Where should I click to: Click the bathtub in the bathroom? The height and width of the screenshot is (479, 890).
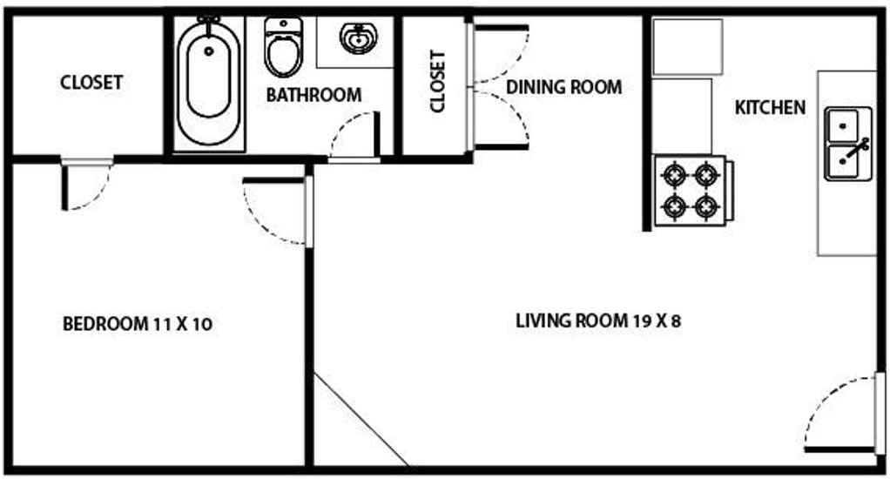point(209,82)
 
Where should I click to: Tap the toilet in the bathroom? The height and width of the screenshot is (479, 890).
point(283,47)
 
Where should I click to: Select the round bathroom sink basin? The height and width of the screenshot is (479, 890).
point(357,38)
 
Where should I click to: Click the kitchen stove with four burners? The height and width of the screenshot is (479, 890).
point(693,191)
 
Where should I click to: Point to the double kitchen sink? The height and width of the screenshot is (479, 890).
point(848,144)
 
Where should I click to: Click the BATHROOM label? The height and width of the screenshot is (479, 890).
point(314,95)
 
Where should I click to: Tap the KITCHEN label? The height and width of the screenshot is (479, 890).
point(770,107)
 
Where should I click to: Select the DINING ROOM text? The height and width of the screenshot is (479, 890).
point(563,87)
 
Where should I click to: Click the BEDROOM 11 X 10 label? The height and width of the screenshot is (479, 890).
point(138,324)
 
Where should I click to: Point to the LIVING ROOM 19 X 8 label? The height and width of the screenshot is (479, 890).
point(597,320)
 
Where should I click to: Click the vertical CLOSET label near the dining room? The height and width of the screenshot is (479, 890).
point(438,82)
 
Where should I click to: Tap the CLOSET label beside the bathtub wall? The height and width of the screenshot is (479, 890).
point(91,82)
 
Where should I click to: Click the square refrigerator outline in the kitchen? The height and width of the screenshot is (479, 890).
point(687,46)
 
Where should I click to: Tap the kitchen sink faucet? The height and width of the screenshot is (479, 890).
point(857,148)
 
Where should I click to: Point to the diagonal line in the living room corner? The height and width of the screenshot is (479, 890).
point(361,420)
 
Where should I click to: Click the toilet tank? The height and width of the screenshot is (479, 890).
point(283,25)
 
